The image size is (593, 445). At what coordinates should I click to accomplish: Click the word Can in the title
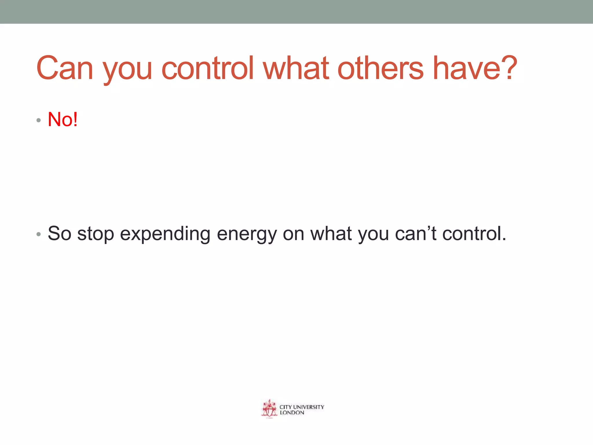coord(65,68)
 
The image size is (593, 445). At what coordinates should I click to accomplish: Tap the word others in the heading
coord(380,68)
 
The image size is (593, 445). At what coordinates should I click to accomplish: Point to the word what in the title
coord(296,68)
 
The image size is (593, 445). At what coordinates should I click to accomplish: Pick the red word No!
coord(63,119)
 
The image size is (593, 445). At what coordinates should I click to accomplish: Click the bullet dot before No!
coord(39,120)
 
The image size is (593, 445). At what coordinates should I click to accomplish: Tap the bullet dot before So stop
coord(39,234)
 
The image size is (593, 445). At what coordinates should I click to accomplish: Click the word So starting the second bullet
coord(59,234)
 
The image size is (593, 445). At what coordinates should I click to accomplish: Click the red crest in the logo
coord(269,409)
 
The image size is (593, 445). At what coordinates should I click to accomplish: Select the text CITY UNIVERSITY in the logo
coord(302,407)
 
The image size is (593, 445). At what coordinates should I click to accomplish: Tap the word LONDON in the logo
coord(292,413)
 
